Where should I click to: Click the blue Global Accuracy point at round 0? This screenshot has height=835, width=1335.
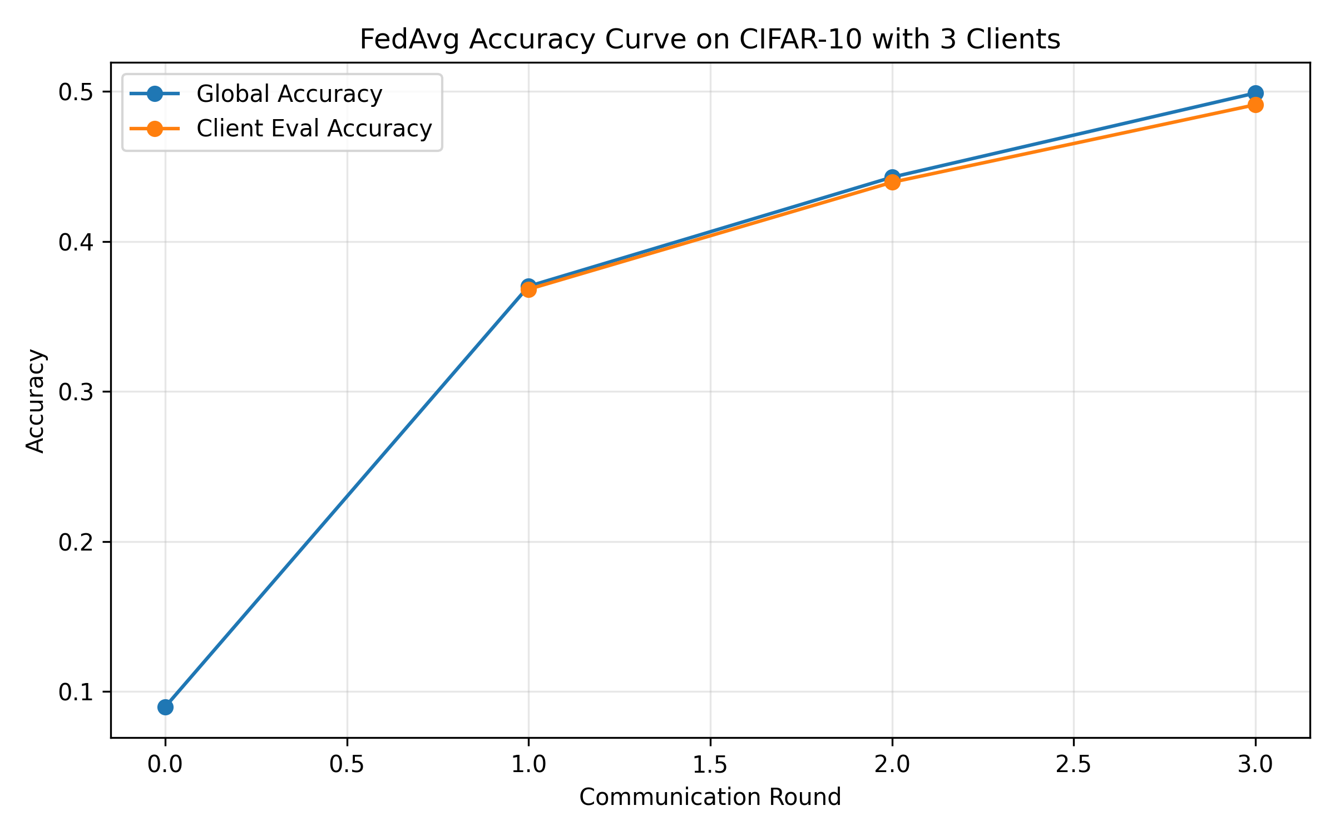(165, 707)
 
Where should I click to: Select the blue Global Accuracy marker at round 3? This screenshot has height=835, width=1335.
(1255, 93)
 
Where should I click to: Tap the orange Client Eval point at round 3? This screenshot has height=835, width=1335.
(1255, 105)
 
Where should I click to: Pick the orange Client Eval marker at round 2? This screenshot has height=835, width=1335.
(892, 182)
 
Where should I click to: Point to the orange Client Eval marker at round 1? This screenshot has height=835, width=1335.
(528, 289)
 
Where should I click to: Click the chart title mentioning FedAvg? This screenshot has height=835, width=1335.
(710, 40)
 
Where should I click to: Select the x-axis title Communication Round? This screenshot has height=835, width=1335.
(710, 797)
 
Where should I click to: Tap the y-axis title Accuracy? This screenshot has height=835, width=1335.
(36, 400)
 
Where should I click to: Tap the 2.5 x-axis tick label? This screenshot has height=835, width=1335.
(1073, 765)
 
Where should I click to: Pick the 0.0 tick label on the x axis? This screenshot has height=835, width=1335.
(165, 765)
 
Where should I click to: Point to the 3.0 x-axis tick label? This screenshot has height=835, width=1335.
(1255, 765)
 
